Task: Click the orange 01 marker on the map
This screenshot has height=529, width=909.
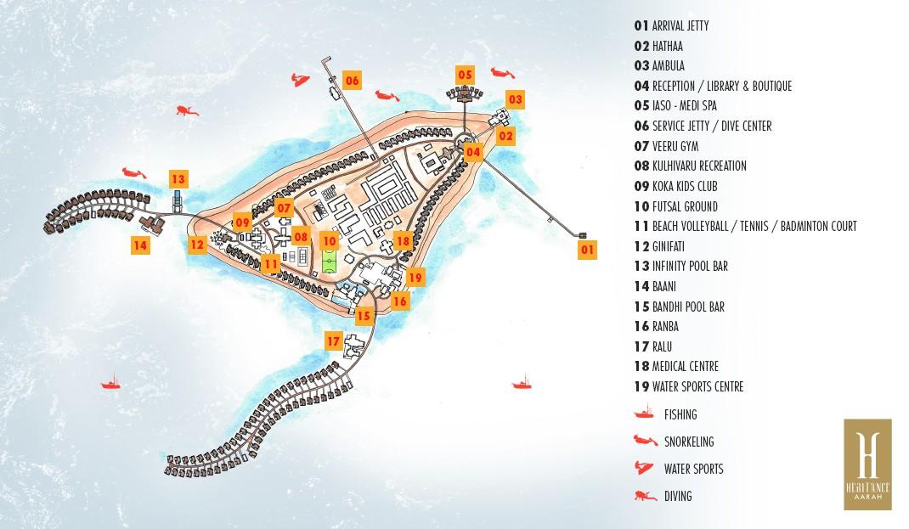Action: click(587, 250)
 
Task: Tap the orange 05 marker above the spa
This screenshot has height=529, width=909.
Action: click(465, 75)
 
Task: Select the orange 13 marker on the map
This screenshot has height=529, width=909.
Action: click(178, 180)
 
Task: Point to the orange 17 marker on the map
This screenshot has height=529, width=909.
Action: click(333, 341)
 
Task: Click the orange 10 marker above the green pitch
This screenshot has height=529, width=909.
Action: click(330, 240)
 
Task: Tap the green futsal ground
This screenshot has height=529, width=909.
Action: click(330, 262)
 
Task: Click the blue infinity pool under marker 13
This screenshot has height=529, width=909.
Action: click(178, 200)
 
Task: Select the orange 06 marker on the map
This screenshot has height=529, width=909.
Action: click(352, 81)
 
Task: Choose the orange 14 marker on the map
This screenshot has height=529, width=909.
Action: click(139, 245)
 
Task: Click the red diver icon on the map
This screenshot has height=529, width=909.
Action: click(187, 110)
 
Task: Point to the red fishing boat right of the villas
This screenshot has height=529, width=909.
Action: click(522, 382)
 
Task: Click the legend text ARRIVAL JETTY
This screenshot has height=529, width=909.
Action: click(680, 25)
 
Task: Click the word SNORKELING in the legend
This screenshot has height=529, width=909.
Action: click(689, 442)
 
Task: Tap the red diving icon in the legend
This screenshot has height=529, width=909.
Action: click(645, 495)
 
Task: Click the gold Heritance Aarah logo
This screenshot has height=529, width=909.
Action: click(867, 464)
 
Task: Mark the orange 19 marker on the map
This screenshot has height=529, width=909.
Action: click(415, 278)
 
